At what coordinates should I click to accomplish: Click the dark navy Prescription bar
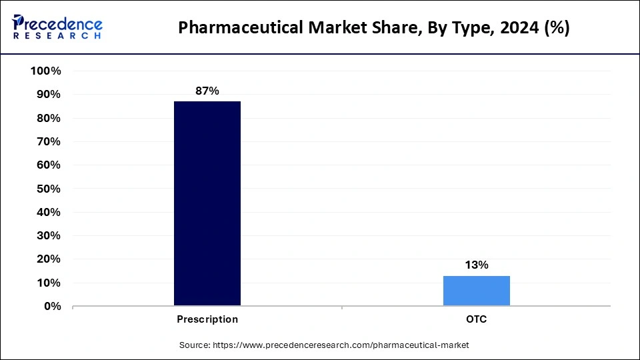[x=207, y=203]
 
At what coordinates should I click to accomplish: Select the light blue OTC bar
[x=477, y=291]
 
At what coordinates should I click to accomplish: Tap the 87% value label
[x=207, y=91]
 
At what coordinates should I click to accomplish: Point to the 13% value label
[x=477, y=265]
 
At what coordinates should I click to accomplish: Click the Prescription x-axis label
[x=207, y=319]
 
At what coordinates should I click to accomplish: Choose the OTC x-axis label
[x=477, y=319]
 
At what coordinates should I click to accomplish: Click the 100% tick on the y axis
[x=46, y=71]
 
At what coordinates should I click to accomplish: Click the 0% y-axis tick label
[x=52, y=307]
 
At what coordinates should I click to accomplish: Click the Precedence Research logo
[x=57, y=27]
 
